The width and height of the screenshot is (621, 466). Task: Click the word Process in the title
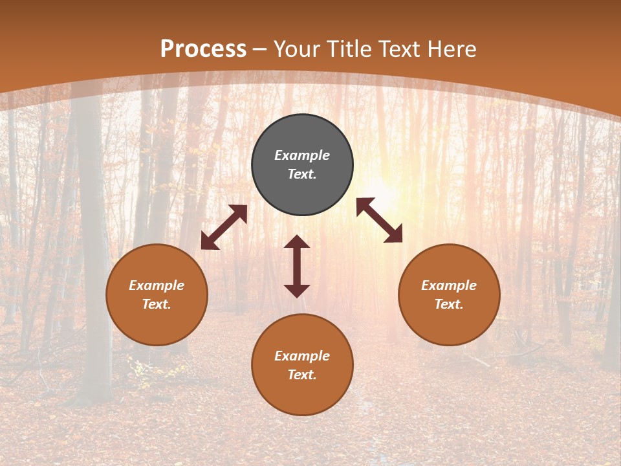pos(203,49)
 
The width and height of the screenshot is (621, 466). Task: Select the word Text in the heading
pos(398,49)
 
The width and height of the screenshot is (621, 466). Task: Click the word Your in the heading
pos(298,49)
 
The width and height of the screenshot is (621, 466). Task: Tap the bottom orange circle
pos(302,395)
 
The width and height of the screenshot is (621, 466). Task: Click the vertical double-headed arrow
pos(297,266)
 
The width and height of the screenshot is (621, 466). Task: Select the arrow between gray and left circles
pos(224,227)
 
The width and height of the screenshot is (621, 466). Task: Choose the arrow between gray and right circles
pos(379,220)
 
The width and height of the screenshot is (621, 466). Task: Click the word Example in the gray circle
pos(302,155)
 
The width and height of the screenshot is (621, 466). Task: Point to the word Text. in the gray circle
pos(302,174)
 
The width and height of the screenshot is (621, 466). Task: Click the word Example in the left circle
pos(157,285)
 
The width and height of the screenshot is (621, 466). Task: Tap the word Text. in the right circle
pos(449,304)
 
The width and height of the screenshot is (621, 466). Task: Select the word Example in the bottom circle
pos(302,356)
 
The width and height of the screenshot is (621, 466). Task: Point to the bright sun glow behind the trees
pos(382,188)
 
